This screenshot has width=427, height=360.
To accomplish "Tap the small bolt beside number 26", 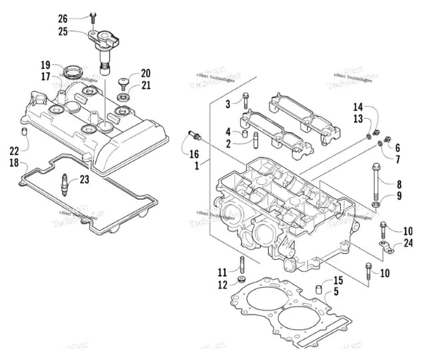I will tap(93, 20).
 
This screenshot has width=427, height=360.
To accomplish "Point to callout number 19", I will tap(45, 65).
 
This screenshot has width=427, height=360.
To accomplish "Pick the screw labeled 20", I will tap(123, 83).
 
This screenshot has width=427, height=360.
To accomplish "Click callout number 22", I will tap(15, 150).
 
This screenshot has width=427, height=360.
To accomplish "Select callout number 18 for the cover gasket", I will tap(15, 162).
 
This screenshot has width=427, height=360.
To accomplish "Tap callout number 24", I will tap(408, 243).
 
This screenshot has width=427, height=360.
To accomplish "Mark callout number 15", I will tap(338, 280).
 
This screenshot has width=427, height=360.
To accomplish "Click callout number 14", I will tap(358, 108).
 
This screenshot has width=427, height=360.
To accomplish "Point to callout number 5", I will tap(337, 291).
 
